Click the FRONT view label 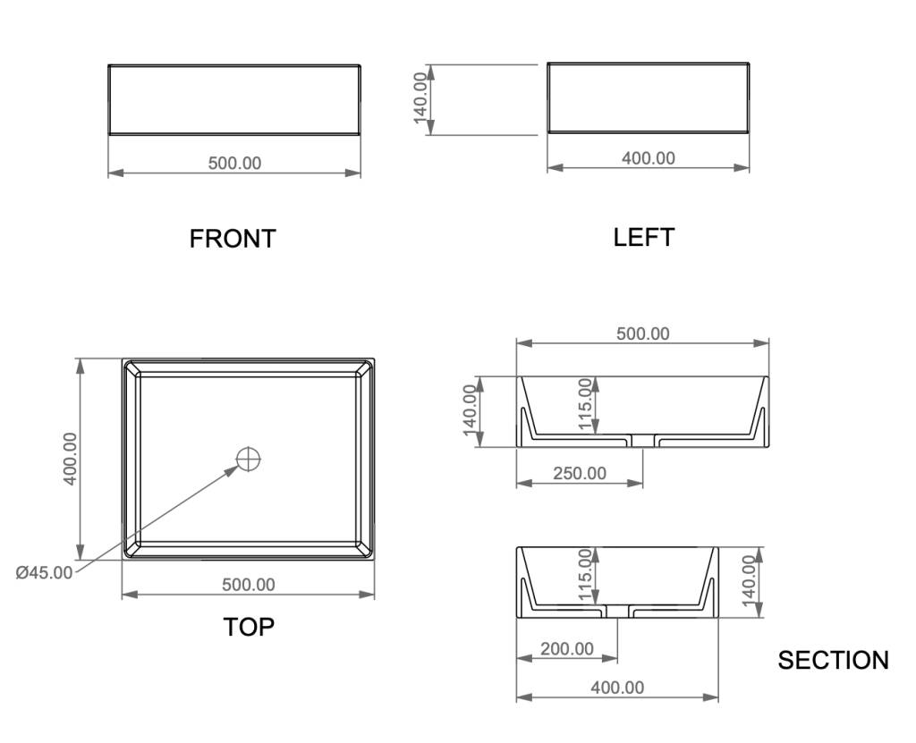(x=233, y=239)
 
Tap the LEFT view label (x=644, y=237)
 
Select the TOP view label (x=249, y=627)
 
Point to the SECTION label (x=833, y=660)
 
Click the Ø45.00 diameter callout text (x=45, y=572)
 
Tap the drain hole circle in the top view (x=249, y=459)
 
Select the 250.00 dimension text (x=580, y=473)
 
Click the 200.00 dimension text (x=566, y=649)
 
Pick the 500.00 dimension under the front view (x=235, y=163)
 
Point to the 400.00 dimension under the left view (x=649, y=158)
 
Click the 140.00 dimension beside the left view (x=421, y=98)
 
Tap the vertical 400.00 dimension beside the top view (x=70, y=459)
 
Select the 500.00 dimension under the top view (x=249, y=585)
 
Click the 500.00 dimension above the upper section (x=642, y=334)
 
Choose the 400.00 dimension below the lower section (x=617, y=688)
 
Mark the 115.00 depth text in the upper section (x=585, y=403)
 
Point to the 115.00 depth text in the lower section (x=585, y=574)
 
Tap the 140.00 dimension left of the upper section (x=471, y=410)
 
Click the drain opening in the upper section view (x=642, y=441)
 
